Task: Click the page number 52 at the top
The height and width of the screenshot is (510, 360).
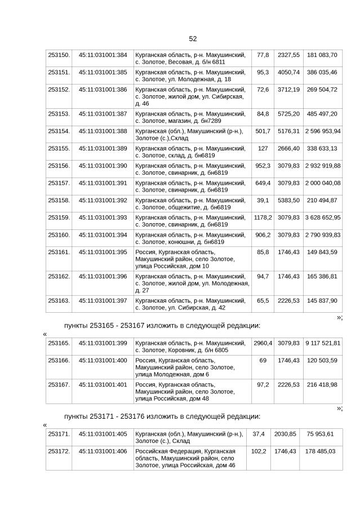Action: (193, 38)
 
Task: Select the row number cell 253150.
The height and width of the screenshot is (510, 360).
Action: (59, 55)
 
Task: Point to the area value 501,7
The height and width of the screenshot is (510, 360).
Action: (263, 131)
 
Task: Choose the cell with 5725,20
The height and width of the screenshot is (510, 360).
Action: (288, 114)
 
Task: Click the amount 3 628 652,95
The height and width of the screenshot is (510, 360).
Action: (322, 218)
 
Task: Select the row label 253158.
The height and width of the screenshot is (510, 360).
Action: (59, 201)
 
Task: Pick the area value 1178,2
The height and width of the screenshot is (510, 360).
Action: (263, 218)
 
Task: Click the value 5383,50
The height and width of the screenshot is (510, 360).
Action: (288, 201)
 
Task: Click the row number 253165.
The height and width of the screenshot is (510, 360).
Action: (59, 343)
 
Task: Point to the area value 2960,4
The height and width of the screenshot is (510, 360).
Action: (263, 343)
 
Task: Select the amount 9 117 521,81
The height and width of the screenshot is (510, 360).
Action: (322, 343)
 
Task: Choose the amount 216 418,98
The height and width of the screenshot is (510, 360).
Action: (322, 384)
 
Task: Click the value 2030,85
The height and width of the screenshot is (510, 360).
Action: (285, 434)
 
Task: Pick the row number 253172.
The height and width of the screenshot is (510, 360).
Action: (59, 451)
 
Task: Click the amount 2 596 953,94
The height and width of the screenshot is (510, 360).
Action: (322, 131)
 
